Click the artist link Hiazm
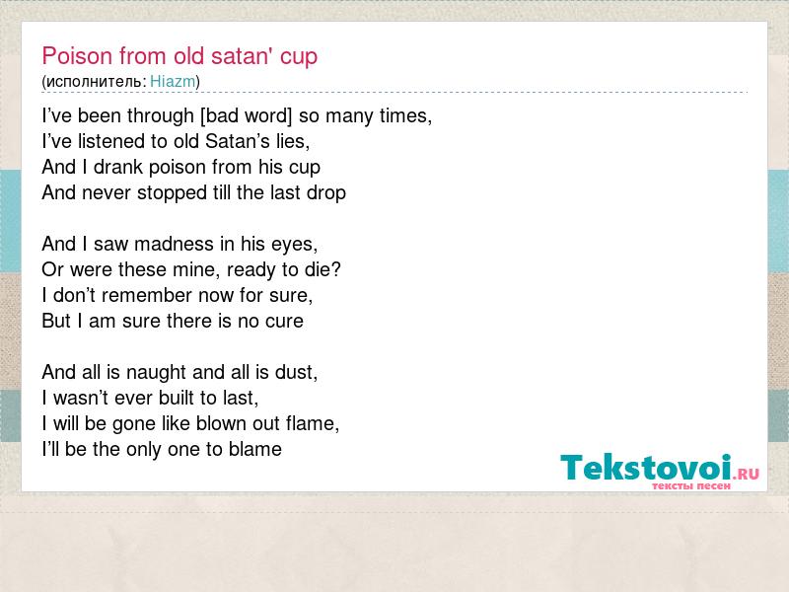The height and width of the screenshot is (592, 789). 173,81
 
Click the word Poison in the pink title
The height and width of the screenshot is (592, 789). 78,55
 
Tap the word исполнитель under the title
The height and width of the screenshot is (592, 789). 95,82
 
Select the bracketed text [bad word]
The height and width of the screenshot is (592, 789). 246,115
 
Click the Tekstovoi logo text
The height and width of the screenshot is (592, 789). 646,468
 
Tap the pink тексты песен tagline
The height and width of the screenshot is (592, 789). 691,485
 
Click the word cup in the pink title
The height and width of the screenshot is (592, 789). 299,57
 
